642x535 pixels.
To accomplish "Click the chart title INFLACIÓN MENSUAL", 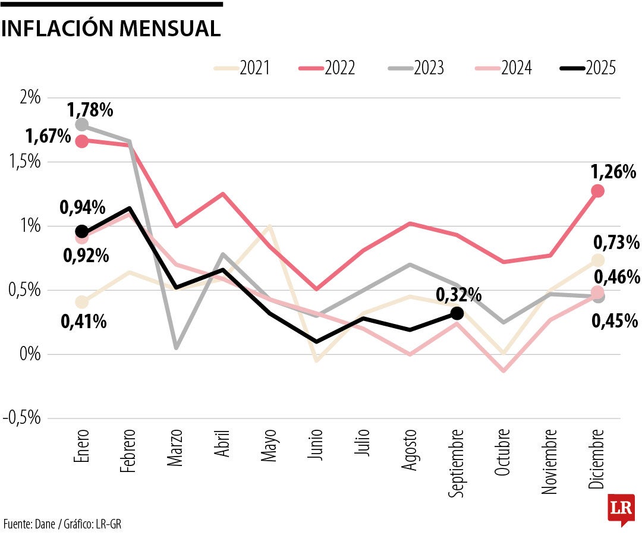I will (x=111, y=29).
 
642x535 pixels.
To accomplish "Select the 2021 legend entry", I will (x=242, y=68).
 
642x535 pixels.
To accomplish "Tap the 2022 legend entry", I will (x=327, y=68).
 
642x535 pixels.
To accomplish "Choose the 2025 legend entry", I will (x=588, y=68).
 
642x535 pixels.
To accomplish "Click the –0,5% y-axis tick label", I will (x=22, y=418).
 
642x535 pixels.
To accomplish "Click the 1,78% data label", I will (x=90, y=110).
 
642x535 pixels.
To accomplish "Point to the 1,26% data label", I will (x=613, y=172).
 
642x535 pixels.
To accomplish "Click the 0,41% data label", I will (x=84, y=322).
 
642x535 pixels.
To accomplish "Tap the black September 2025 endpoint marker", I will (x=457, y=313).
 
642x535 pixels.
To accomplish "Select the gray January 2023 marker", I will (x=82, y=125).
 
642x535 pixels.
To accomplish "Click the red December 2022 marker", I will (x=597, y=191).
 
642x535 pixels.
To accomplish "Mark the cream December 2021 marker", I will (x=597, y=260).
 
